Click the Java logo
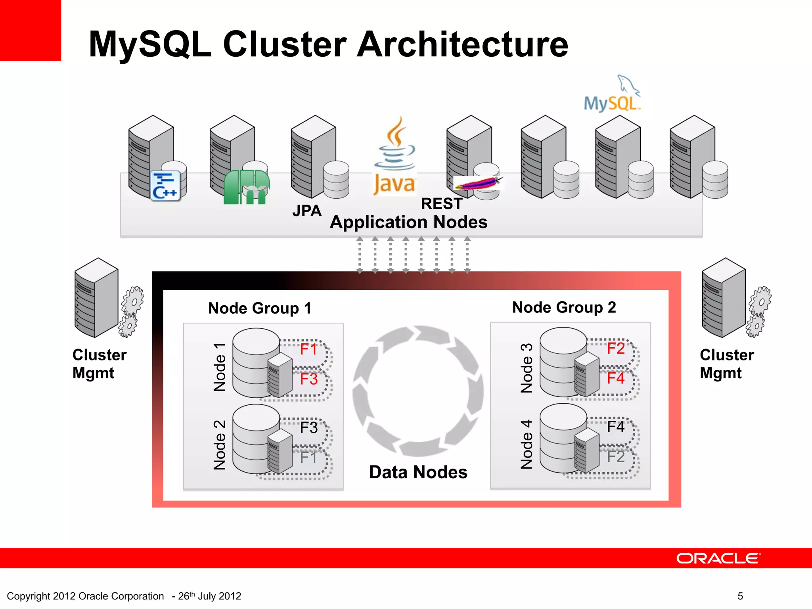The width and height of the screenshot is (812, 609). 395,157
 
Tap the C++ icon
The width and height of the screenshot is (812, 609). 165,186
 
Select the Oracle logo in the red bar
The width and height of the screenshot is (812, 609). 718,558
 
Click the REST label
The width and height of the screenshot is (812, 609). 442,204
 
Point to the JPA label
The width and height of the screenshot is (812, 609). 307,211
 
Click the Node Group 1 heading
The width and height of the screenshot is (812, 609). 260,308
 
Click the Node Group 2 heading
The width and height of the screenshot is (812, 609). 564,307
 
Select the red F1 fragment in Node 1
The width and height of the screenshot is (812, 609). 308,349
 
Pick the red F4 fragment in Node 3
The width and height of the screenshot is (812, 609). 616,378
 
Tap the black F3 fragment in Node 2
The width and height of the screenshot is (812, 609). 308,428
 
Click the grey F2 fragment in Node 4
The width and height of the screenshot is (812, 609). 616,457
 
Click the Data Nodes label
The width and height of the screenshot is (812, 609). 418,472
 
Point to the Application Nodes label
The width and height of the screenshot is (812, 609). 408,222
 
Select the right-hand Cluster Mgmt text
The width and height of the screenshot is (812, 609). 726,364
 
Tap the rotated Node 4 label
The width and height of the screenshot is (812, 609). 527,444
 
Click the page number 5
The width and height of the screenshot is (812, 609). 740,596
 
